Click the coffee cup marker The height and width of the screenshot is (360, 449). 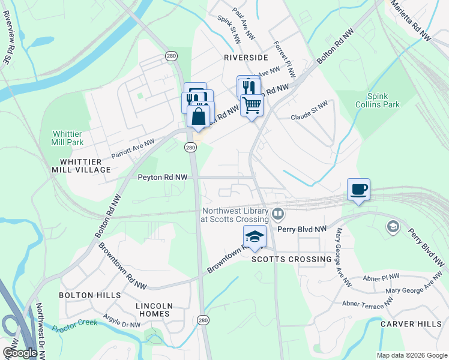point(358,190)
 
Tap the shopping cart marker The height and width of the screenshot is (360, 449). point(252,105)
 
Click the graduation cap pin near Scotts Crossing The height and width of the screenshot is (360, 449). point(255,236)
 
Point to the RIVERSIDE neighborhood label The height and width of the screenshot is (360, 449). point(245,58)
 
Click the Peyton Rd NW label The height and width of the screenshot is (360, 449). point(162,178)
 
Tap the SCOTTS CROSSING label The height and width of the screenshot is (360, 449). point(291,259)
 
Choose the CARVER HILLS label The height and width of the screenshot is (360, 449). point(411,324)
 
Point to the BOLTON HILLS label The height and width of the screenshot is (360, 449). point(89,295)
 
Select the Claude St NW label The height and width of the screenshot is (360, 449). point(310,112)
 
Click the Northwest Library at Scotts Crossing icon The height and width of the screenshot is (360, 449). point(278,214)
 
